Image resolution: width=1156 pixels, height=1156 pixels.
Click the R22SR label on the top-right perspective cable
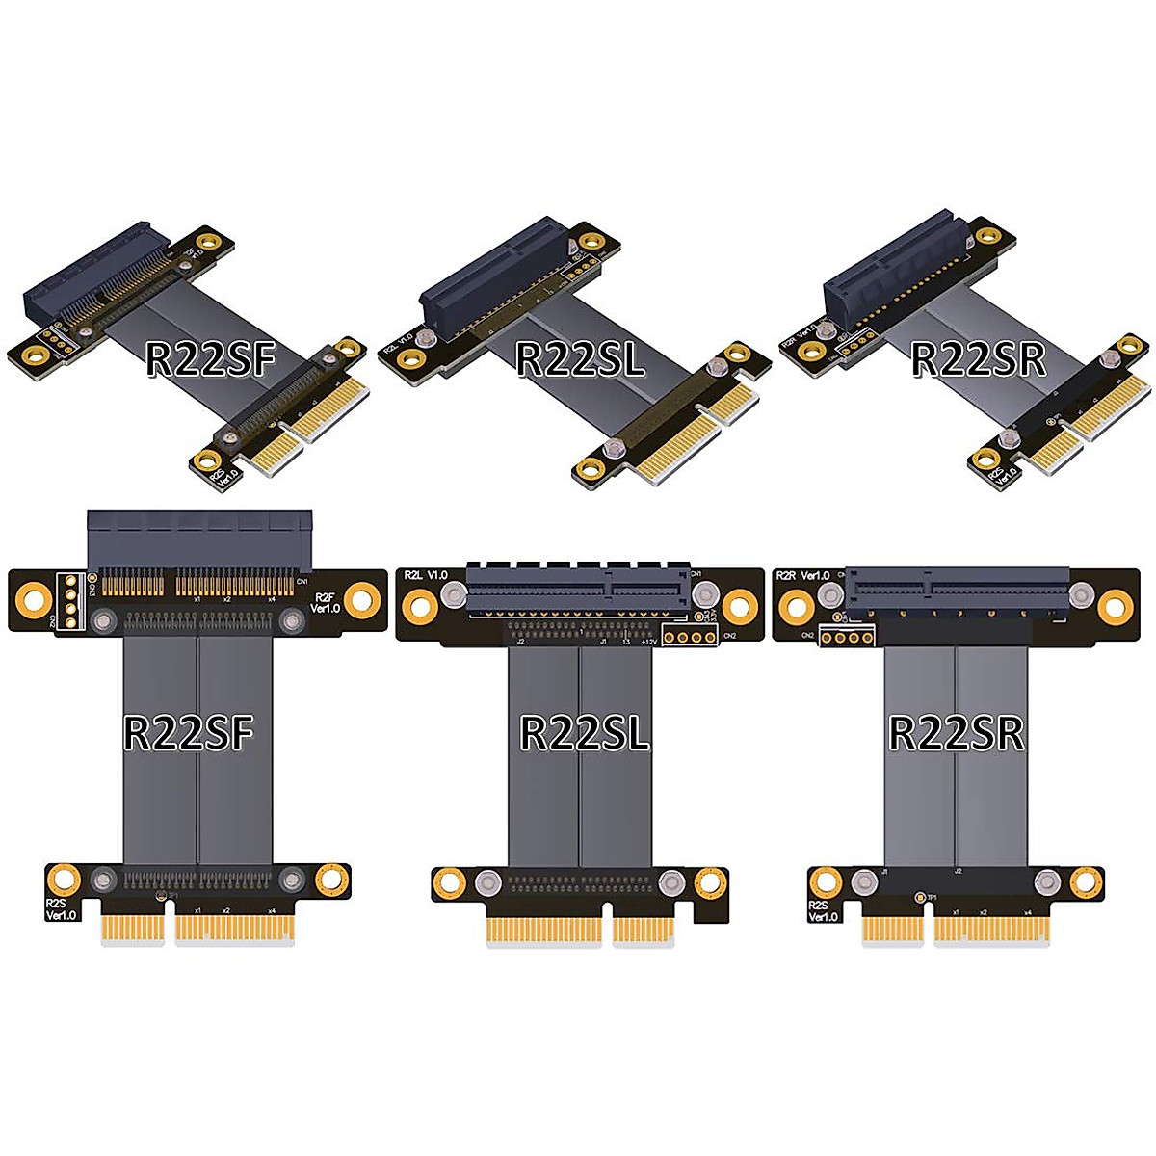(x=978, y=358)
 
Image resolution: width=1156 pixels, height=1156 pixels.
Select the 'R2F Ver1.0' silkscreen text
(x=325, y=602)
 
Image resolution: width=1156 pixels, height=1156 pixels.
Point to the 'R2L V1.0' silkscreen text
(x=425, y=575)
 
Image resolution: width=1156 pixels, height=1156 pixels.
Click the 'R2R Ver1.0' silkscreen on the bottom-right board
(x=803, y=575)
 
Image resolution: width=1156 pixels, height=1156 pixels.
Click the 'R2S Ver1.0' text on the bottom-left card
(x=60, y=910)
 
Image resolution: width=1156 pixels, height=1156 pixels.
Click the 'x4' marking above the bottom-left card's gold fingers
(x=274, y=909)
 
